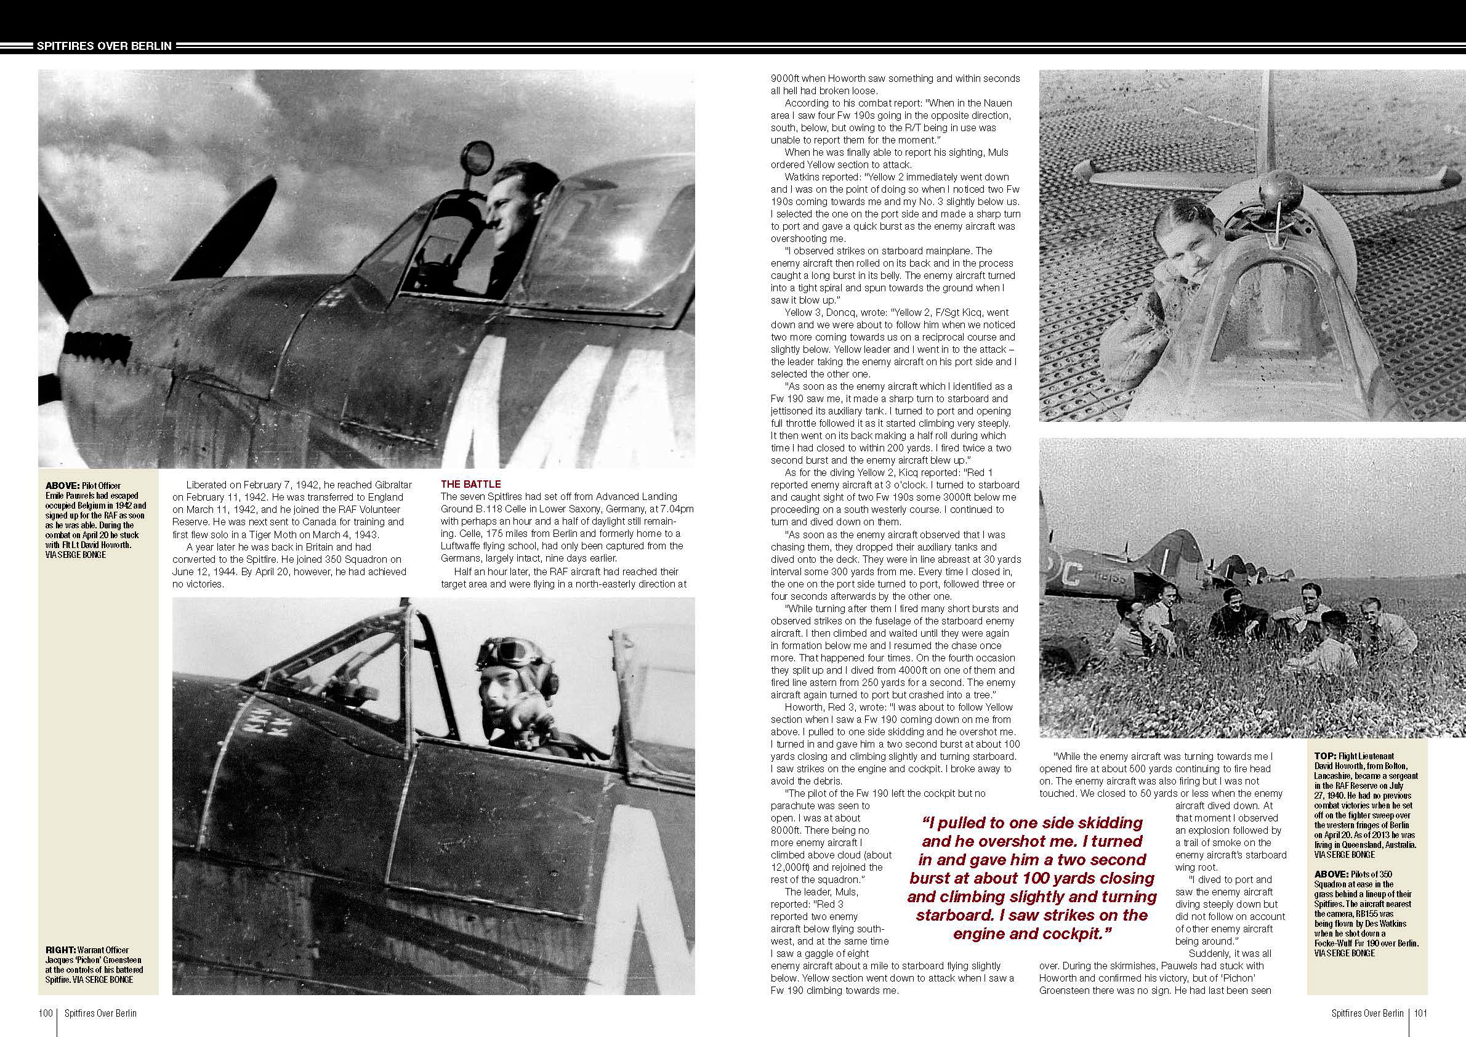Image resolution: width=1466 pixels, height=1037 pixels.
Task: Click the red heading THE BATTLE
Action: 470,484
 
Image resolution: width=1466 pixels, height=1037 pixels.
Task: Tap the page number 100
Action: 46,1014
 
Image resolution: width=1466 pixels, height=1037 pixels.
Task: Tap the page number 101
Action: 1420,1014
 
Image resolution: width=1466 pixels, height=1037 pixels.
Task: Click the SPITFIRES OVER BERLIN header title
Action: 103,46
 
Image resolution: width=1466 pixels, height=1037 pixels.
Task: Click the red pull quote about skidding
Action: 1032,878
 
